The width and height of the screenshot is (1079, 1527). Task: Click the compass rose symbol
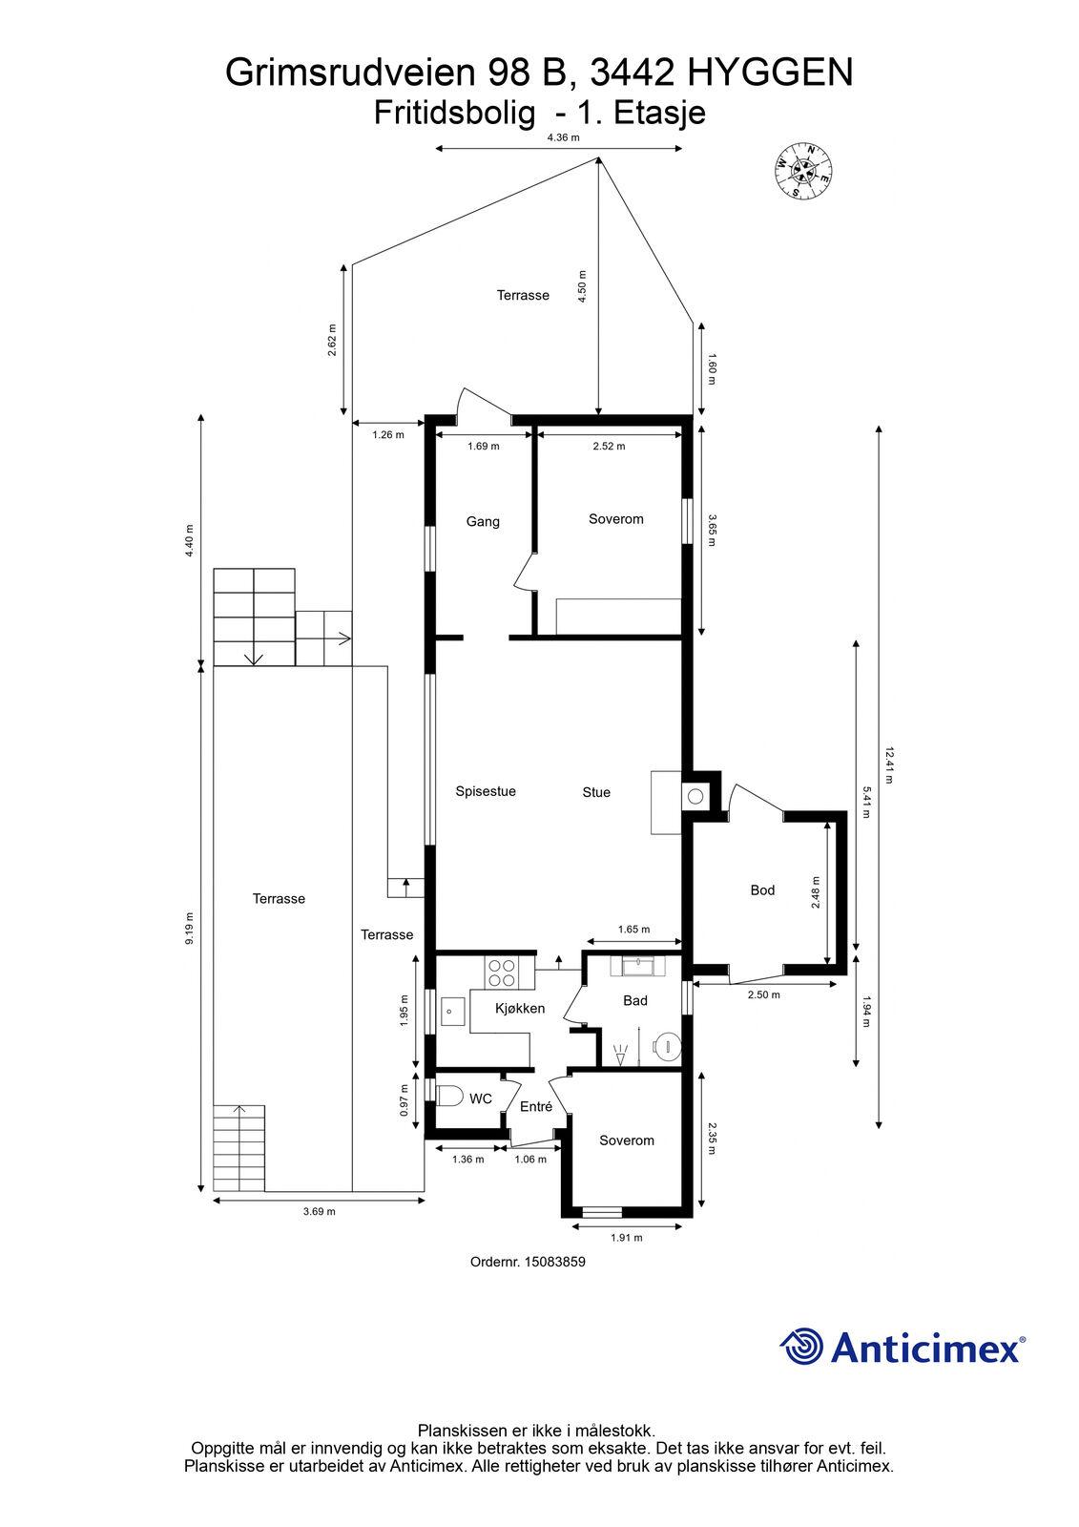click(803, 171)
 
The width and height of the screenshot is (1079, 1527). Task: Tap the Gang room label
click(483, 521)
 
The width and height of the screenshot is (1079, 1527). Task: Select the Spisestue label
click(486, 791)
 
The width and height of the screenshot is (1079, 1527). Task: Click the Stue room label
click(595, 792)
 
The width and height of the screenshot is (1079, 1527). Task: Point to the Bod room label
click(762, 889)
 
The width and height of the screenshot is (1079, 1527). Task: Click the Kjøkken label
click(520, 1008)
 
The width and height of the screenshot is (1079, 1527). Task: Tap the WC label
click(481, 1099)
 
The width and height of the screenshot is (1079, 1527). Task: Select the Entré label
click(536, 1106)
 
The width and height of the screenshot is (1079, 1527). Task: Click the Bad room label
click(634, 1001)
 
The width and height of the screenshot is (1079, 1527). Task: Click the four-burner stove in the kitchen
click(501, 973)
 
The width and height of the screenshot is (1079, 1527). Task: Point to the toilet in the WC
click(448, 1097)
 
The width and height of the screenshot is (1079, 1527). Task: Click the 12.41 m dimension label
click(889, 765)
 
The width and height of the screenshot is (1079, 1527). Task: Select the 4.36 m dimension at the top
click(563, 137)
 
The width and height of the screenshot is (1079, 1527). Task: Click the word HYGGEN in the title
click(770, 73)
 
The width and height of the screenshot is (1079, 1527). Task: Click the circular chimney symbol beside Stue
click(695, 796)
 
